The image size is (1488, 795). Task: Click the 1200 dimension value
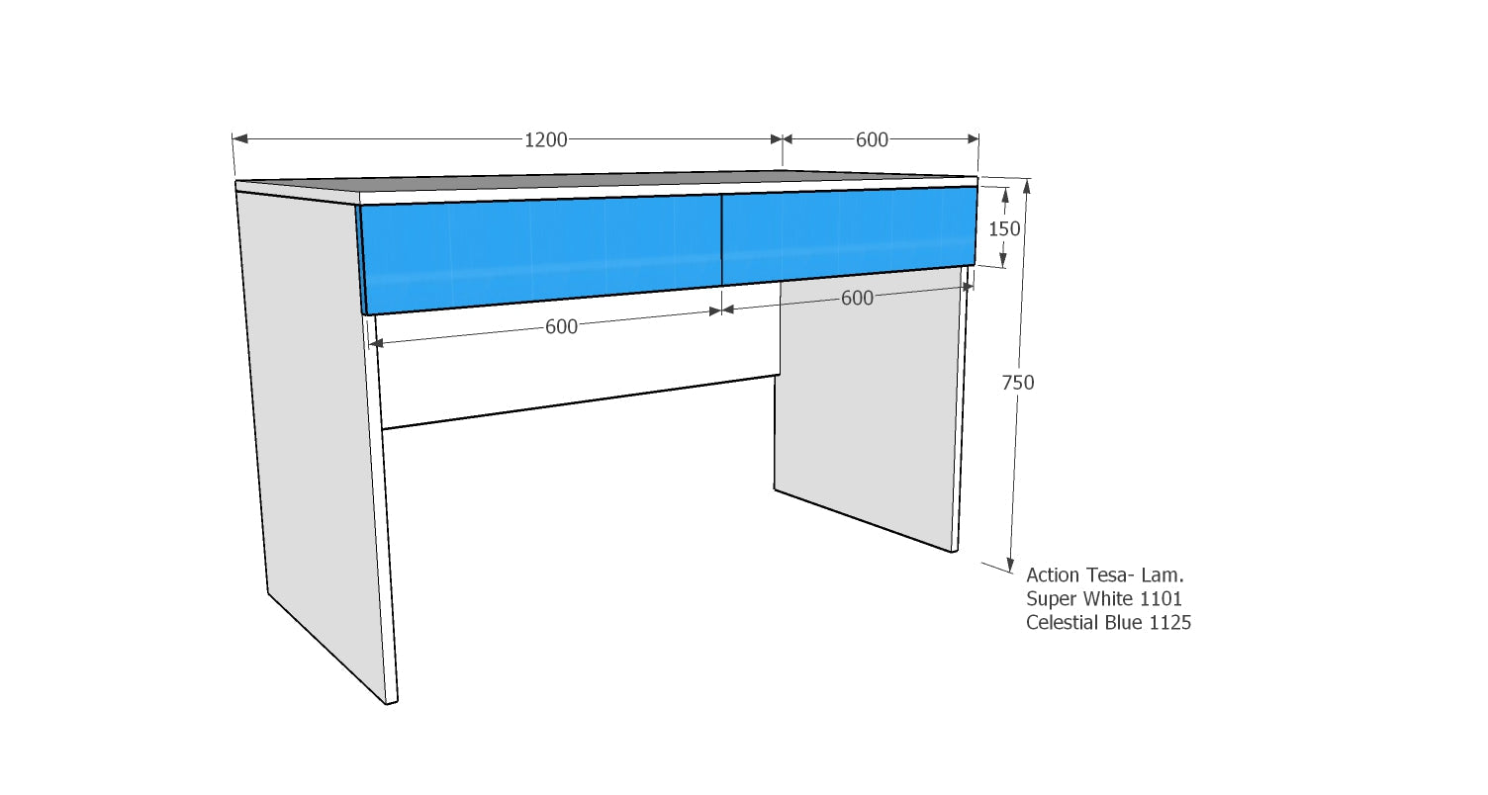pos(545,140)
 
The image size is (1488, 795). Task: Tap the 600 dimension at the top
pos(872,140)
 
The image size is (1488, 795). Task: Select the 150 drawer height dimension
pos(1004,229)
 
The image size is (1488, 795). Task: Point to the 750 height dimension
pos(1018,383)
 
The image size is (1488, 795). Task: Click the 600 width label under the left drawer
pos(561,326)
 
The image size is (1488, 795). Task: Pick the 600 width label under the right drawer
pos(857,299)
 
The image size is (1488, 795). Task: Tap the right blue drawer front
pos(849,235)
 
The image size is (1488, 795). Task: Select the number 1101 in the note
pos(1162,598)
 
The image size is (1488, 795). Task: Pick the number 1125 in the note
pos(1169,622)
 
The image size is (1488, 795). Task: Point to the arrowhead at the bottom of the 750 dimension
pos(1011,564)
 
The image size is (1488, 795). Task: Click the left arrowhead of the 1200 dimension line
pos(240,138)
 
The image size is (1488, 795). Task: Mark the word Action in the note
pos(1053,574)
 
